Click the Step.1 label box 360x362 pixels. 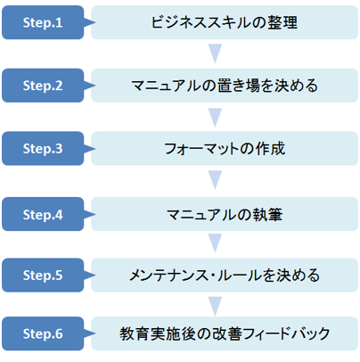tap(43, 22)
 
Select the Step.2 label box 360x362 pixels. tap(43, 86)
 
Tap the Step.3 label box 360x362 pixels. tap(43, 149)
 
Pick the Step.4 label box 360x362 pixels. tap(43, 214)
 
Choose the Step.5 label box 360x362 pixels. tap(43, 275)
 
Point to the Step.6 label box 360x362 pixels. tap(43, 333)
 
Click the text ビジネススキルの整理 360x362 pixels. tap(225, 22)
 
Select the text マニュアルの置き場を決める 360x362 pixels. tap(225, 86)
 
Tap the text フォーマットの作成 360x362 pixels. tap(225, 149)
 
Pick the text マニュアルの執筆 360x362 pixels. tap(225, 214)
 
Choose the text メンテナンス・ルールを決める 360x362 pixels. tap(225, 275)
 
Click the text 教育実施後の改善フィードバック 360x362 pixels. tap(225, 333)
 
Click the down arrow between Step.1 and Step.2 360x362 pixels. tap(215, 53)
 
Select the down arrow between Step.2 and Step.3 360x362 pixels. tap(215, 118)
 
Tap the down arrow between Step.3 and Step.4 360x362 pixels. tap(215, 180)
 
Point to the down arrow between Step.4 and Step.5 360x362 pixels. tap(215, 243)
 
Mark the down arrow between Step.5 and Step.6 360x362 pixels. tap(215, 306)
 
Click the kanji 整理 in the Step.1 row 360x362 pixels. tap(282, 22)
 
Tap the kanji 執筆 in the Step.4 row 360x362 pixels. tap(267, 214)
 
